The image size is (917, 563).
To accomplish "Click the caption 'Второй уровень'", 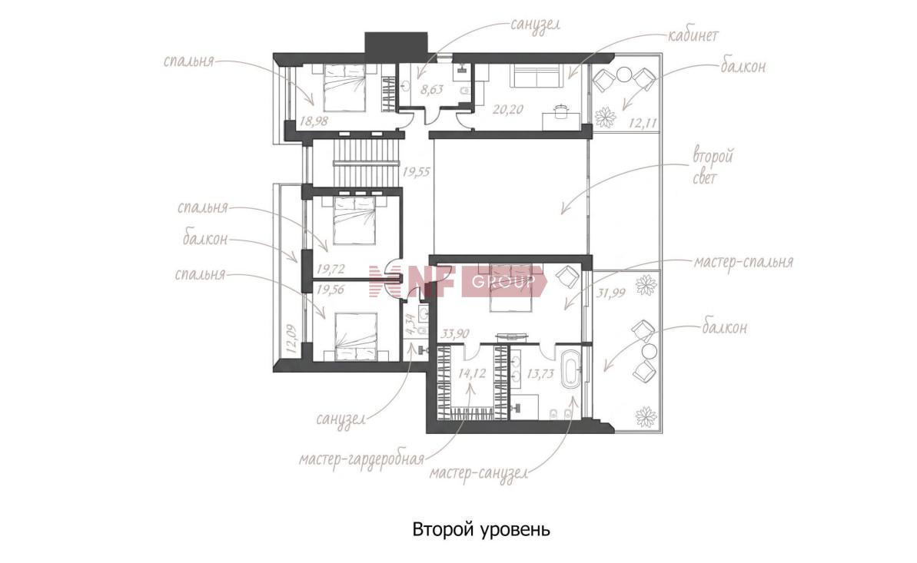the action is (x=481, y=530).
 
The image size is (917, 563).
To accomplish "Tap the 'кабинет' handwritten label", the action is (x=693, y=35).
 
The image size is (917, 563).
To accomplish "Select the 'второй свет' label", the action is (x=713, y=166).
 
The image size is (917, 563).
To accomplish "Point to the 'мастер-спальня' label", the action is (x=743, y=261).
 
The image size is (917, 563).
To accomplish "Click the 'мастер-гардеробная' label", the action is (x=360, y=459).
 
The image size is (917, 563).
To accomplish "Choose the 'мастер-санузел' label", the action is (x=479, y=472).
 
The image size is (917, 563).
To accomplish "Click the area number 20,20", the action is (x=507, y=109).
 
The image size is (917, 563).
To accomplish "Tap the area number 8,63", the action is (x=432, y=89).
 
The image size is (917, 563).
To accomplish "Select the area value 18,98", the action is (x=314, y=121).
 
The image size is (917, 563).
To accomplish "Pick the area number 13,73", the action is (x=540, y=373).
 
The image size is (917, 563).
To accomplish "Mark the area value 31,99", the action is (x=610, y=293).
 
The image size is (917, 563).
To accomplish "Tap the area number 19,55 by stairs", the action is (x=416, y=171).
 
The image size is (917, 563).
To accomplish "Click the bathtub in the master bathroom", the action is (x=571, y=369).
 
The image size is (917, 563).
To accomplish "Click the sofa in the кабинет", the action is (x=537, y=76).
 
